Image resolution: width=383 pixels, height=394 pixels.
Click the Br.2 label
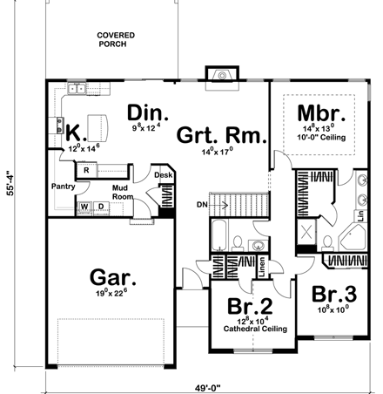point(248,307)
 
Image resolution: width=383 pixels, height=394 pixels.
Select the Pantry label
point(62,187)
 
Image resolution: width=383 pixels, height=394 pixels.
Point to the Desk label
point(164,175)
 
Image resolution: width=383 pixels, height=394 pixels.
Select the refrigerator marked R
point(86,170)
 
